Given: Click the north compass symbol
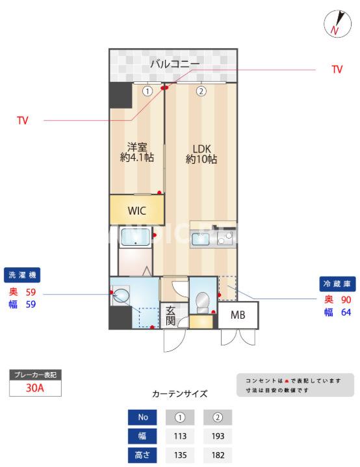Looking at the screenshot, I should pos(337,24).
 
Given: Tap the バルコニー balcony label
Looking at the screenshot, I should pos(175,64).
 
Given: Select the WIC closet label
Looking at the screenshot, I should pos(137,210).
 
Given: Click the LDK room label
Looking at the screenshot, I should pos(201,153).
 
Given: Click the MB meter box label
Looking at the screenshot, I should pos(237,317).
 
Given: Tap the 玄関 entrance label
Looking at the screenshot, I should pos(170,316).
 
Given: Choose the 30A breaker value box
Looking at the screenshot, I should pos(34,388).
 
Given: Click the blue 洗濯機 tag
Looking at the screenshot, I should pos(23,274).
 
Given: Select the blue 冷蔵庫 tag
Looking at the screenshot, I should pos(337,284).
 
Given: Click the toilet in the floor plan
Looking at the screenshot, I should pos(202,300).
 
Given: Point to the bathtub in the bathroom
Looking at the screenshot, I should pos(135,240).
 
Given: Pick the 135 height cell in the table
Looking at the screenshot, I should pos(180,455).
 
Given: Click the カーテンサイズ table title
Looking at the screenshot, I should pos(179,394).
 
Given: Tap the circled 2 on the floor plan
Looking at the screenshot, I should pos(201,91).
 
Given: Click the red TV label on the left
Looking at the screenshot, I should pos(23,120).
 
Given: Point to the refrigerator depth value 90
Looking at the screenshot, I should pos(346,299).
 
